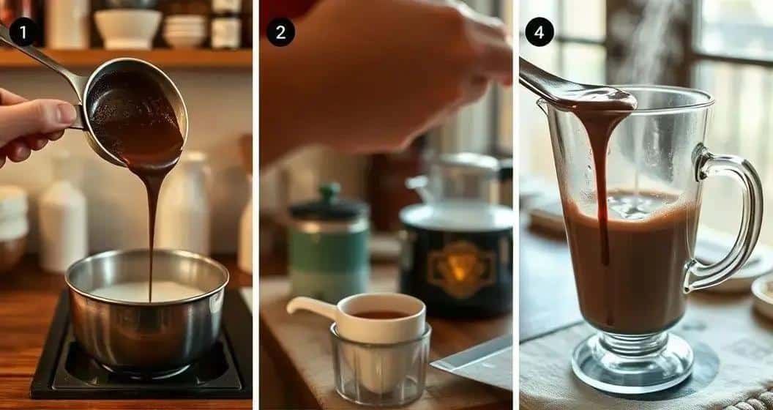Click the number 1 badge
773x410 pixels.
(x=23, y=32)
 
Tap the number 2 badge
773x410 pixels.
(x=280, y=32)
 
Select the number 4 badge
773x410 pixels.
(x=539, y=32)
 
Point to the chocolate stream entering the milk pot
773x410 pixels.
(x=152, y=231)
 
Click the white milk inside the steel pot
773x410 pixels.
(x=148, y=291)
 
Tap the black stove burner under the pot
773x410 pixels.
(x=141, y=365)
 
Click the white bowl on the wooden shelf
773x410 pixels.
(x=127, y=29)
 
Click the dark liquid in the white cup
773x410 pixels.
(x=381, y=314)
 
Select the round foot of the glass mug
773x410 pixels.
(x=632, y=364)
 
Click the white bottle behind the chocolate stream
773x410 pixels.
(x=183, y=202)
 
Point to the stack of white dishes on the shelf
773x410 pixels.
(x=184, y=31)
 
